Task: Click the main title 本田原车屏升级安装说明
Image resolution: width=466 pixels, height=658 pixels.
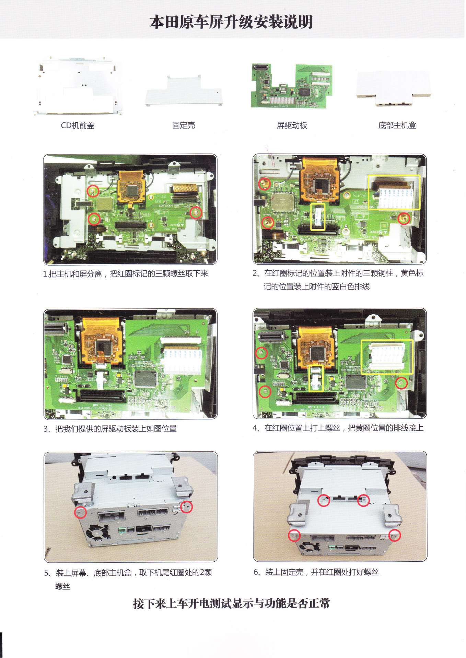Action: point(231,22)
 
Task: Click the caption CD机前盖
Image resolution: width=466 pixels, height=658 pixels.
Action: point(78,125)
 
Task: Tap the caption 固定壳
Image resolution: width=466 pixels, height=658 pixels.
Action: point(184,125)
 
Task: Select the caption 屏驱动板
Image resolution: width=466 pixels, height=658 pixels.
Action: point(292,125)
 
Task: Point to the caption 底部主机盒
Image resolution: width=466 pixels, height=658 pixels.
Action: point(397,125)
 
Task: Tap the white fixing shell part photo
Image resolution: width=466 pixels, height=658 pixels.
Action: point(184,91)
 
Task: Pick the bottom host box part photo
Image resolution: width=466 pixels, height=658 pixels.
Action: point(394,88)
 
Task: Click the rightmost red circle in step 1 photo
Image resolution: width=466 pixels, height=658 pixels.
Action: point(196,212)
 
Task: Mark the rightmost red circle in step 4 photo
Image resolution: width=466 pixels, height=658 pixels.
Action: point(401,383)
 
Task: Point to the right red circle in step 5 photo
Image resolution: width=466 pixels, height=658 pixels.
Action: point(186,507)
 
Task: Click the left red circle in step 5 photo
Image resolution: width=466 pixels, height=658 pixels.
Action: point(81,512)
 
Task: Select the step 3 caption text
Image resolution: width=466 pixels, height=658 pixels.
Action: point(110,429)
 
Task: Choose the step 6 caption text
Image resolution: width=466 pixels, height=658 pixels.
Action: point(316,572)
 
